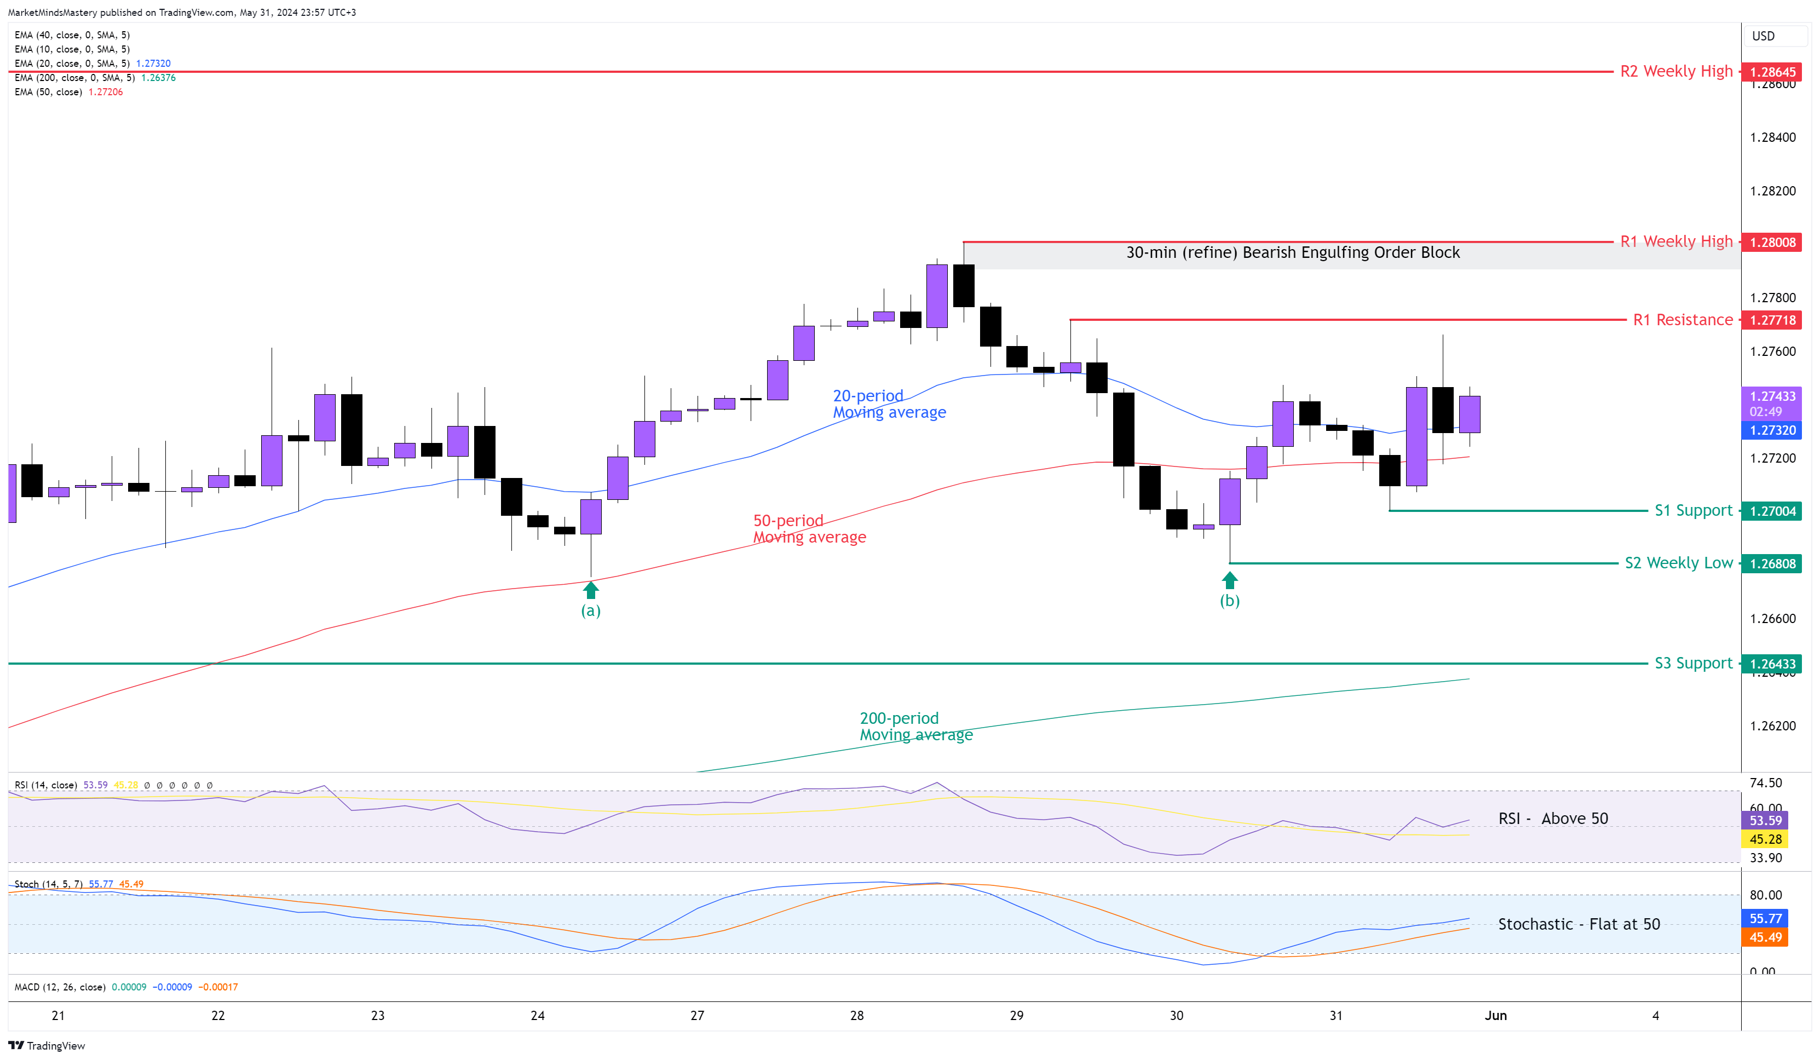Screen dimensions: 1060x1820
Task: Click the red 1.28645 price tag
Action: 1772,72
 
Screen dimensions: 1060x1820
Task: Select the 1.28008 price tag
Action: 1772,243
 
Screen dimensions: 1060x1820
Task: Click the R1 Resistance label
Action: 1682,320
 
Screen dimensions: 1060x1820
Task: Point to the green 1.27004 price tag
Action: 1772,511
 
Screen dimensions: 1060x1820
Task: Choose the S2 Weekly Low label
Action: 1678,563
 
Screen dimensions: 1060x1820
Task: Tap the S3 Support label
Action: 1693,664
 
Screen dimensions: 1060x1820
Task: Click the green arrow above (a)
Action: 591,591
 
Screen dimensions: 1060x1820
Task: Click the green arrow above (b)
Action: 1229,580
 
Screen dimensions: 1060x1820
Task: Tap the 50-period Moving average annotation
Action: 809,529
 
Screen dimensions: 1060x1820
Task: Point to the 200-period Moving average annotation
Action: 916,727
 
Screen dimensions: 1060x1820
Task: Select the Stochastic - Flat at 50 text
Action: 1579,924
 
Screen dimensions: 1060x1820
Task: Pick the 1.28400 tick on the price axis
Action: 1772,138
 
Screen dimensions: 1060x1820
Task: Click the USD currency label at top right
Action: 1763,36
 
